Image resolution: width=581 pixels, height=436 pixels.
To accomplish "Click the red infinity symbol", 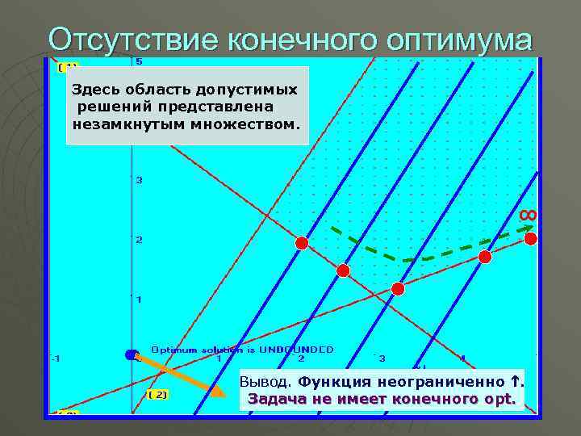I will point(527,214).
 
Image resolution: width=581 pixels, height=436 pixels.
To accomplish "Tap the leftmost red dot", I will point(301,243).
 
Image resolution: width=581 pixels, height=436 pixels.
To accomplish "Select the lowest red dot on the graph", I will point(397,288).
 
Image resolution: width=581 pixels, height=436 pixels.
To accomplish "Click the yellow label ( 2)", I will point(158,394).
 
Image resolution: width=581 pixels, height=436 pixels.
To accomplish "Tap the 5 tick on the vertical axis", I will point(139,61).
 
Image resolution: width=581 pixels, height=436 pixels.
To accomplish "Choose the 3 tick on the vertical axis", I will point(139,180).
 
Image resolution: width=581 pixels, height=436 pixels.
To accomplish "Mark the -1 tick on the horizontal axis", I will point(55,357).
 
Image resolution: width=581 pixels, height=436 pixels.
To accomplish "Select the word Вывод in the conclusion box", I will point(264,382).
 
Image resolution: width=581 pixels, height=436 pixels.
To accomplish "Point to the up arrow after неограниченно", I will point(512,381).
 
